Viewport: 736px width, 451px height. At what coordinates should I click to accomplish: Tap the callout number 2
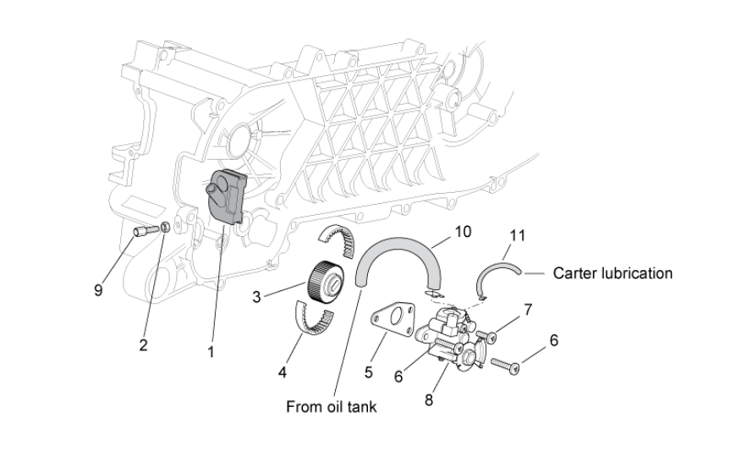tap(143, 345)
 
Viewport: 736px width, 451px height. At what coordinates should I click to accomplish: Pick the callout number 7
tap(528, 310)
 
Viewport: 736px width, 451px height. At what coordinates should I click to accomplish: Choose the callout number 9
tap(99, 290)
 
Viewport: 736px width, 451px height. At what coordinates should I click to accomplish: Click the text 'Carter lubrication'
tap(612, 273)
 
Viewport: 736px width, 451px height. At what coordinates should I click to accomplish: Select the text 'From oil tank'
tap(331, 407)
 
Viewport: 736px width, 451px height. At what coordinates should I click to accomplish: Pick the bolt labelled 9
tap(145, 228)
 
